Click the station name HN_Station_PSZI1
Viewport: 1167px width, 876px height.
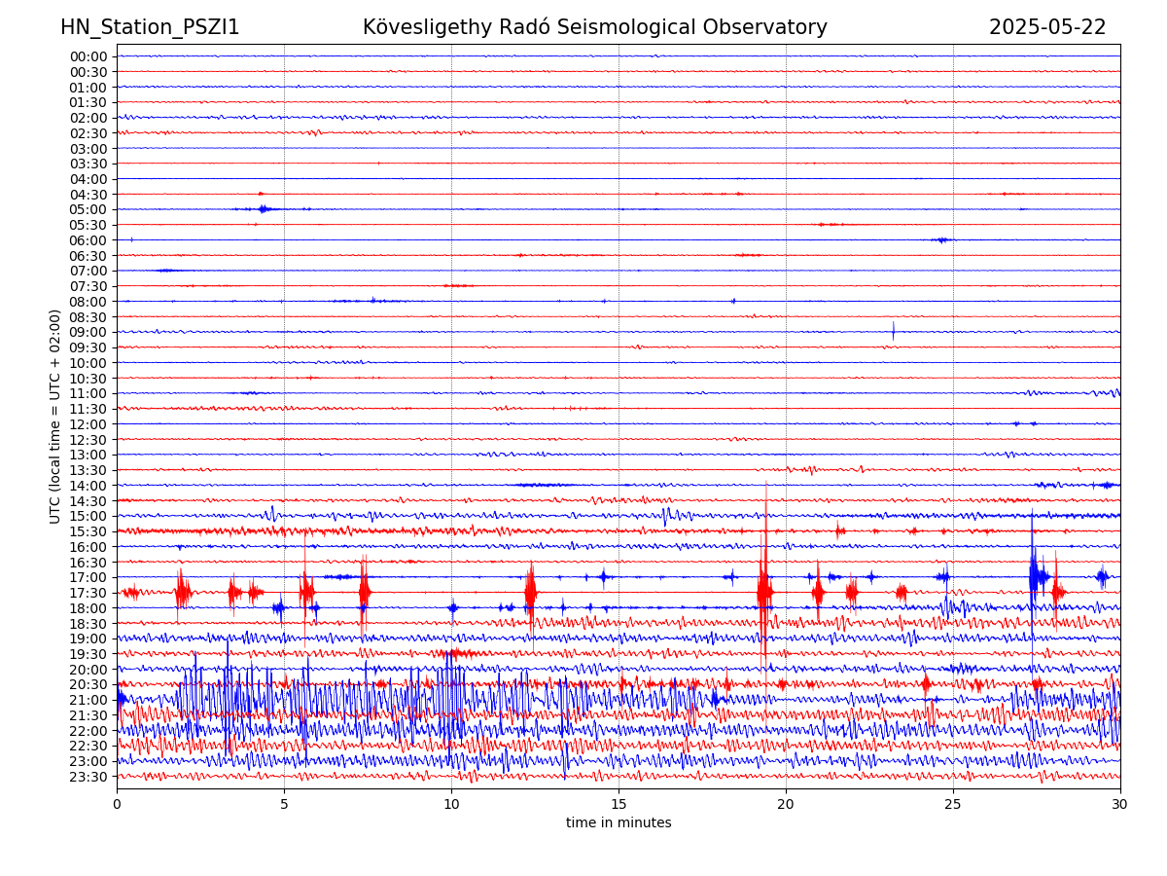[x=150, y=27]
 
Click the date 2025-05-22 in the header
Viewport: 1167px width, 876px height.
[x=1047, y=27]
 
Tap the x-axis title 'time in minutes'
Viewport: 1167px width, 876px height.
[x=619, y=823]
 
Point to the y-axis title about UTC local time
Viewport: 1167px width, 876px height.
[x=55, y=417]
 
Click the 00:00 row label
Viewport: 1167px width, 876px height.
[x=88, y=56]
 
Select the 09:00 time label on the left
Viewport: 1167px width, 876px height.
[x=88, y=332]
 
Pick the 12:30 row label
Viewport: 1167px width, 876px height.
[x=88, y=440]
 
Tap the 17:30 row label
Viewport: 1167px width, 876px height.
[x=88, y=593]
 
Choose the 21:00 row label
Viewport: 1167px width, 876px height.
[x=88, y=700]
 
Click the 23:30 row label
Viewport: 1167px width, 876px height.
[x=88, y=777]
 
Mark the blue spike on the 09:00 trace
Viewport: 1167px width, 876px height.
[x=893, y=331]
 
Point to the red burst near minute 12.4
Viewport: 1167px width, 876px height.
[x=530, y=591]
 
